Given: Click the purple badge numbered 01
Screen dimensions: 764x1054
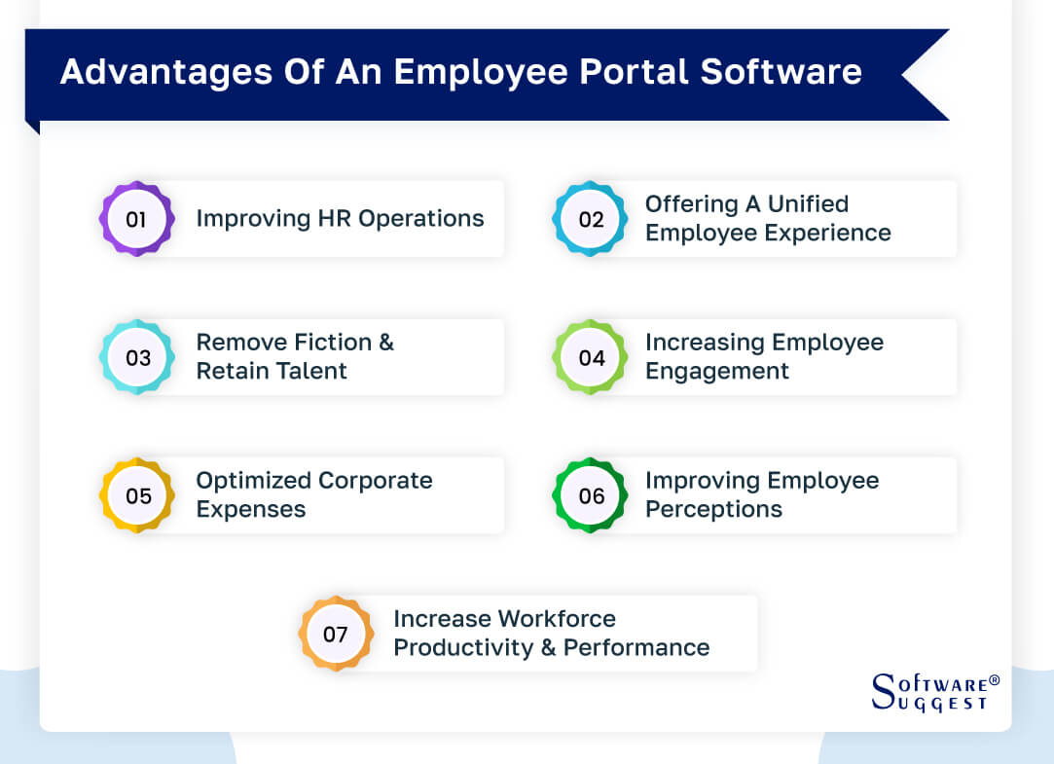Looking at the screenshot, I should tap(136, 219).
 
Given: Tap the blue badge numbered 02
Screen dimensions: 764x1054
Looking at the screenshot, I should tap(591, 219).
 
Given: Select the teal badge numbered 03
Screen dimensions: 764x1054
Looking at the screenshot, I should tap(137, 357).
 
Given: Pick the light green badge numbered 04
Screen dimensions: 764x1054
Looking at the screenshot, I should tap(591, 357).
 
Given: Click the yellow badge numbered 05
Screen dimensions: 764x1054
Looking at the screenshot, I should tap(137, 495).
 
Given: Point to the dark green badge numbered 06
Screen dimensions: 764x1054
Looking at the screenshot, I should tap(591, 495).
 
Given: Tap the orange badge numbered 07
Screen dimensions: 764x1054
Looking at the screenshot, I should tap(336, 635).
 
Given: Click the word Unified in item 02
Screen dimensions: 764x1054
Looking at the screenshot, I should tap(808, 204).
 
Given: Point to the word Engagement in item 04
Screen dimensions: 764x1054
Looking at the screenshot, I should tap(716, 371).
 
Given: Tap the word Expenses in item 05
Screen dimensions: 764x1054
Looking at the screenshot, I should tap(251, 509).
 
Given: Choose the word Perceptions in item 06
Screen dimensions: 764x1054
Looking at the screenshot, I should tap(713, 509).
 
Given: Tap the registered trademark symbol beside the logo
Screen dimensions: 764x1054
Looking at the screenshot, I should tap(994, 679).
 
